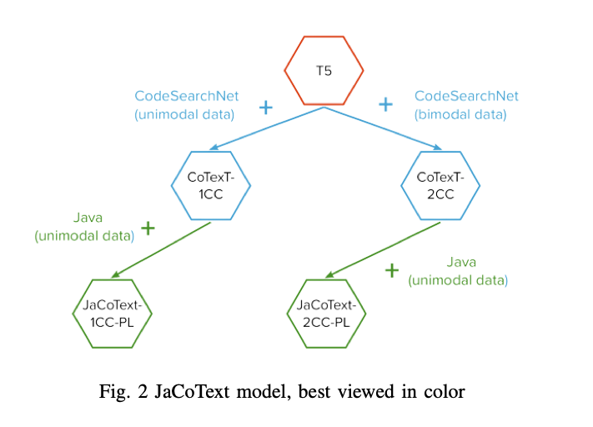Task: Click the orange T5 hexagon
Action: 324,71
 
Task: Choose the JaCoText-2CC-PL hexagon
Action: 327,311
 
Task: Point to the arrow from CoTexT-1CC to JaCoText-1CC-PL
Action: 158,249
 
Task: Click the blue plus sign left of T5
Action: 266,107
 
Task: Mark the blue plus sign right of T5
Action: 385,104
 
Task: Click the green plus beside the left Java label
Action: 148,228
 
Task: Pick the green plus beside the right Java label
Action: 391,270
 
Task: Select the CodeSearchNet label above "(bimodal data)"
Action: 466,96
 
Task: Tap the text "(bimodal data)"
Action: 460,115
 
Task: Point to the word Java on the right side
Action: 461,262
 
